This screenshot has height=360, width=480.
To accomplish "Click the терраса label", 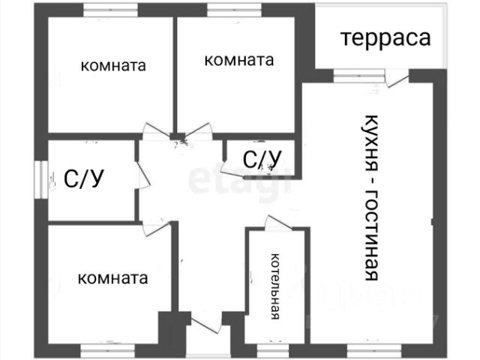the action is [x=386, y=38].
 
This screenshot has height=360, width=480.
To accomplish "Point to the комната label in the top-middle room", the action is [x=238, y=60].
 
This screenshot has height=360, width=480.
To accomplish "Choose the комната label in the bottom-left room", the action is [x=112, y=278].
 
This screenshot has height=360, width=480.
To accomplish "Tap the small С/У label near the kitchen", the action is [x=262, y=159].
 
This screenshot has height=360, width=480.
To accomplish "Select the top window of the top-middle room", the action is [x=228, y=10].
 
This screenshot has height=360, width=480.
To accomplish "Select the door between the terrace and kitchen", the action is [x=397, y=77].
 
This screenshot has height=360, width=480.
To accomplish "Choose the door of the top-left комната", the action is [x=154, y=130].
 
